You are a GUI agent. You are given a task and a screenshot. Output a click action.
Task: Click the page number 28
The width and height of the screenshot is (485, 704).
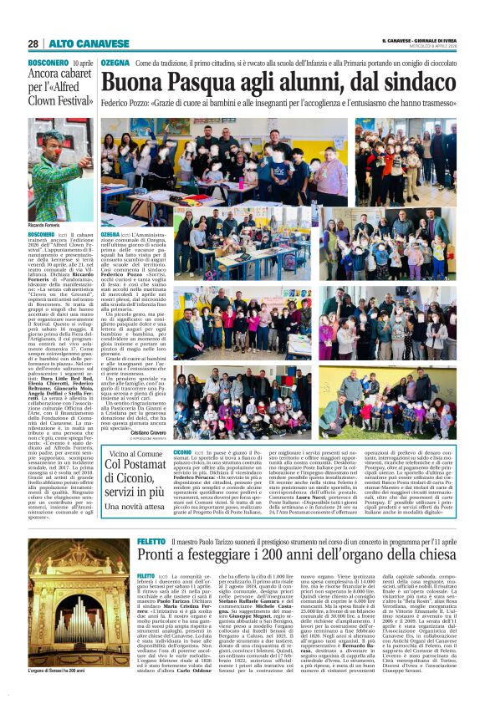coord(33,43)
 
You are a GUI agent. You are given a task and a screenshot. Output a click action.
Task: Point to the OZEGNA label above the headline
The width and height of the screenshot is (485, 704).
coord(115,64)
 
